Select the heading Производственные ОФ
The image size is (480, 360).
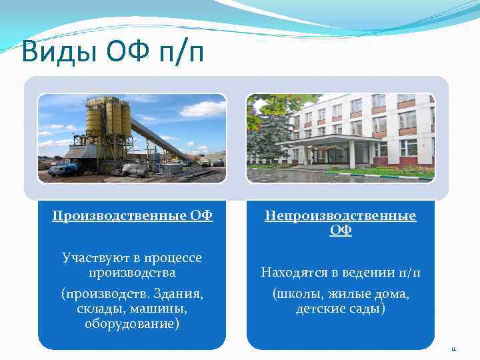[132, 215]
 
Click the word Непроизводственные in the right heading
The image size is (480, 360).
[340, 215]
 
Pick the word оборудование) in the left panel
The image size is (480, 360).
[132, 324]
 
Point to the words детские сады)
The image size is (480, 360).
[340, 309]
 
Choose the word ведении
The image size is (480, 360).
[370, 272]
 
